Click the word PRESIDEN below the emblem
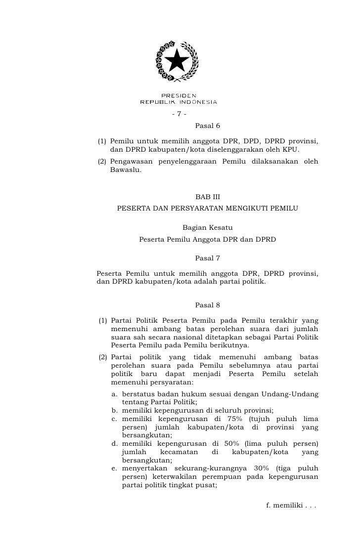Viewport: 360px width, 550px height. click(179, 95)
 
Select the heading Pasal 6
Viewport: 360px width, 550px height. click(207, 126)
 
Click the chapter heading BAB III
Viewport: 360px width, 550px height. click(208, 197)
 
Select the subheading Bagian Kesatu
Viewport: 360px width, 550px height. click(207, 228)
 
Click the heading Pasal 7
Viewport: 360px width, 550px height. click(207, 258)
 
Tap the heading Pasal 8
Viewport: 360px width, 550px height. click(207, 305)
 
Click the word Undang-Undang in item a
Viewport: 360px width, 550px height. click(292, 394)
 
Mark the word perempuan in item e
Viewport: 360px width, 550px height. click(236, 477)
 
